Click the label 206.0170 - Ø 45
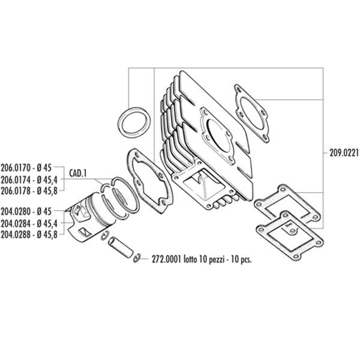coord(29,169)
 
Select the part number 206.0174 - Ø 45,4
coord(29,179)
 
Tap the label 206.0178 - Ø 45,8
coord(29,190)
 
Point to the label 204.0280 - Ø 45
coord(29,211)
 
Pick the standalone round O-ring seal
coord(133,123)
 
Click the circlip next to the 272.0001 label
coord(137,257)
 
